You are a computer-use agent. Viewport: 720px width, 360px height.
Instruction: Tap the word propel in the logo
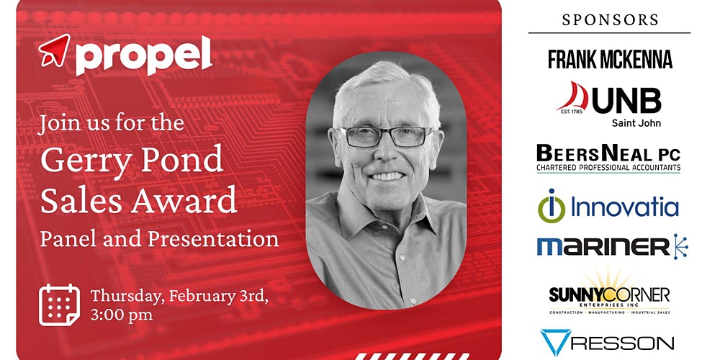click(x=144, y=55)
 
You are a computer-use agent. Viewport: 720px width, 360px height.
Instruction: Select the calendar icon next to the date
click(x=59, y=305)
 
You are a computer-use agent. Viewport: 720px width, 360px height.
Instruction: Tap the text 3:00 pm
click(x=122, y=315)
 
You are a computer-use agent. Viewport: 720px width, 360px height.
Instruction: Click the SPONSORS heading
click(x=611, y=19)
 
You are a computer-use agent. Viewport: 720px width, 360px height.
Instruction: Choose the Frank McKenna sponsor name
click(x=611, y=59)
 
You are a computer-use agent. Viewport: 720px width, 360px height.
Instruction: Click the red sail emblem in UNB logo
click(x=572, y=97)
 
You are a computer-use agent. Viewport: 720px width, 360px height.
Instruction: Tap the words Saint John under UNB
click(x=636, y=123)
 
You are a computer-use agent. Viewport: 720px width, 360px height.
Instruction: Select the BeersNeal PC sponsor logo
click(x=608, y=158)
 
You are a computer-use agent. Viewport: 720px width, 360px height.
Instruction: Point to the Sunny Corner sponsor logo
click(x=609, y=293)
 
